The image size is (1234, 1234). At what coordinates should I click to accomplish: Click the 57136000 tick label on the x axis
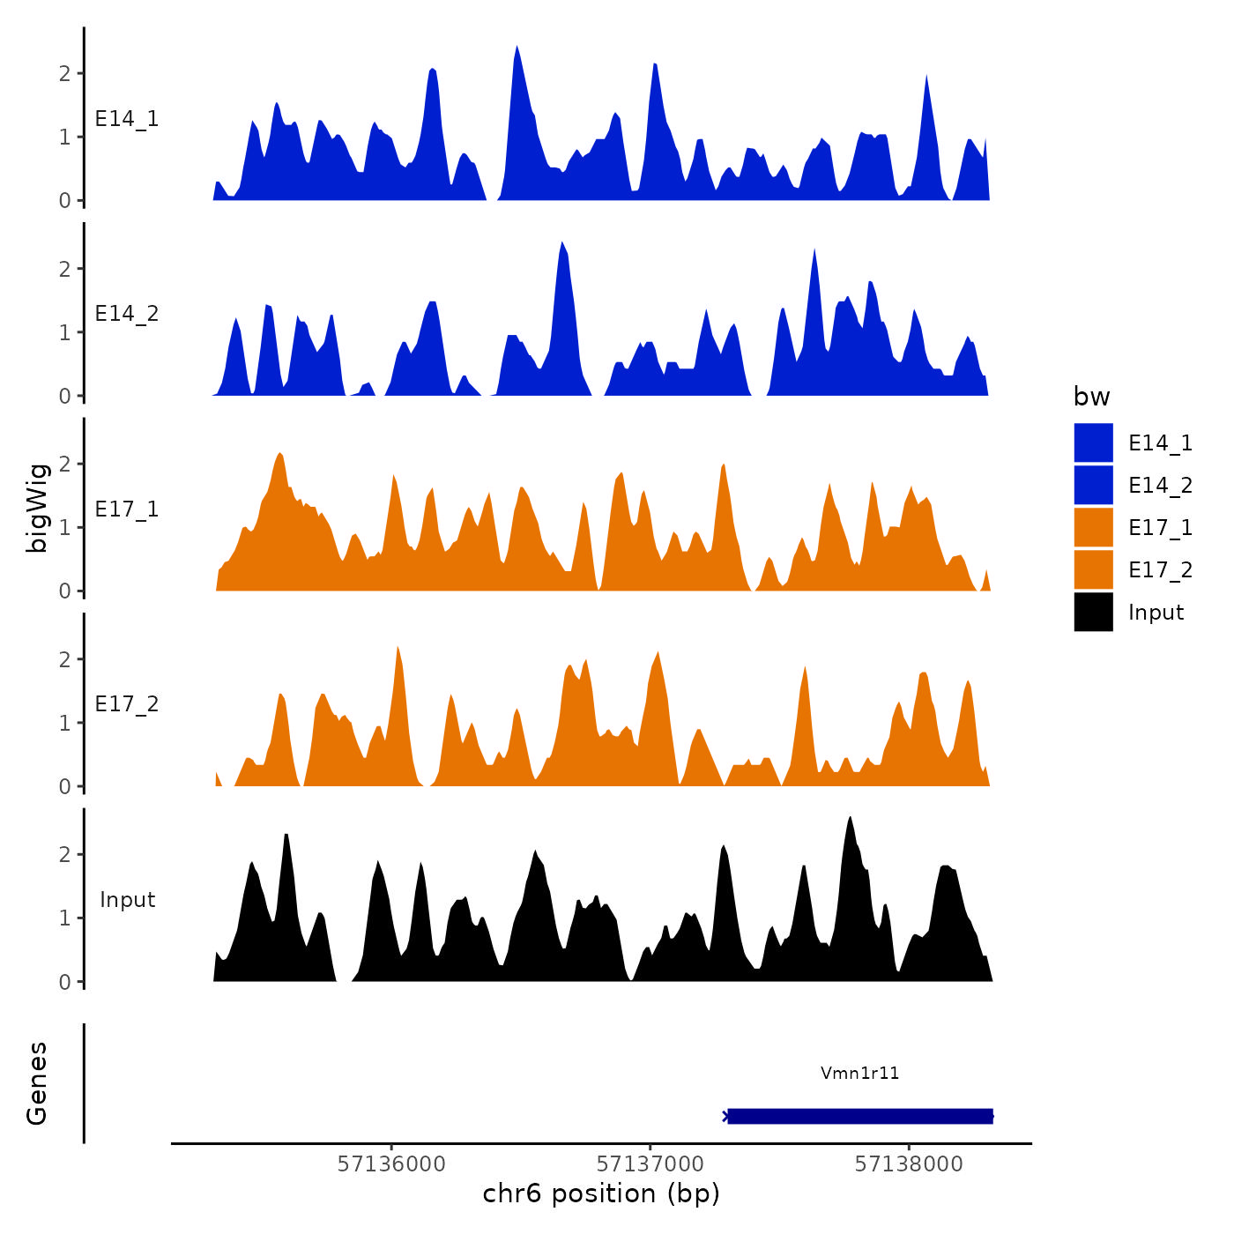click(391, 1164)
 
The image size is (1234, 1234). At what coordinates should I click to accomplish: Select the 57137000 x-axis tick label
click(650, 1164)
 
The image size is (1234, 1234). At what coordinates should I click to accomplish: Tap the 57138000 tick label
click(909, 1164)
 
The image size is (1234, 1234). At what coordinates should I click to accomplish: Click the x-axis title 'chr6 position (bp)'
click(601, 1193)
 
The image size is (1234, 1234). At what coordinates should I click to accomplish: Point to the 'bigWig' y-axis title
click(37, 509)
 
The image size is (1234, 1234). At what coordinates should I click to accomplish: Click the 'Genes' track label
click(37, 1083)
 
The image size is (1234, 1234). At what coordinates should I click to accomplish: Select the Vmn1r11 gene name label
click(859, 1073)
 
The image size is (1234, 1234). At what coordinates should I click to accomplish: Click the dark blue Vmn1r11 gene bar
click(860, 1116)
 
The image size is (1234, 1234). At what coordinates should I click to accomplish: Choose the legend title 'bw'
click(1091, 397)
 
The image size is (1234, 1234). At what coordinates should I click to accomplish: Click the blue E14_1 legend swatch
click(1093, 442)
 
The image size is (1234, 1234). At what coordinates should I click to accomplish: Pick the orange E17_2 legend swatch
click(1093, 569)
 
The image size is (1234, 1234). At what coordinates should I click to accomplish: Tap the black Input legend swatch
click(1093, 612)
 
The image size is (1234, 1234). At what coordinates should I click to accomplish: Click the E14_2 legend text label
click(1160, 485)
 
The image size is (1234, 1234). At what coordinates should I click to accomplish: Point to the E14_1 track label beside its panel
click(127, 119)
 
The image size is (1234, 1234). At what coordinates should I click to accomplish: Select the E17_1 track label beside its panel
click(127, 509)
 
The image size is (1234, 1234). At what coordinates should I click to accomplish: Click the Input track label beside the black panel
click(127, 900)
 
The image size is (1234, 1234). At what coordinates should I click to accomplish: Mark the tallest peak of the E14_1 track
click(517, 47)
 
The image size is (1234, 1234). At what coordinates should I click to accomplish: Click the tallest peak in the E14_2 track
click(561, 242)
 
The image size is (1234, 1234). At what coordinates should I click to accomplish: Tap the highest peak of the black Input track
click(850, 818)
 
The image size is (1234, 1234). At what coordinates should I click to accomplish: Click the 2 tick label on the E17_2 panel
click(64, 659)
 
